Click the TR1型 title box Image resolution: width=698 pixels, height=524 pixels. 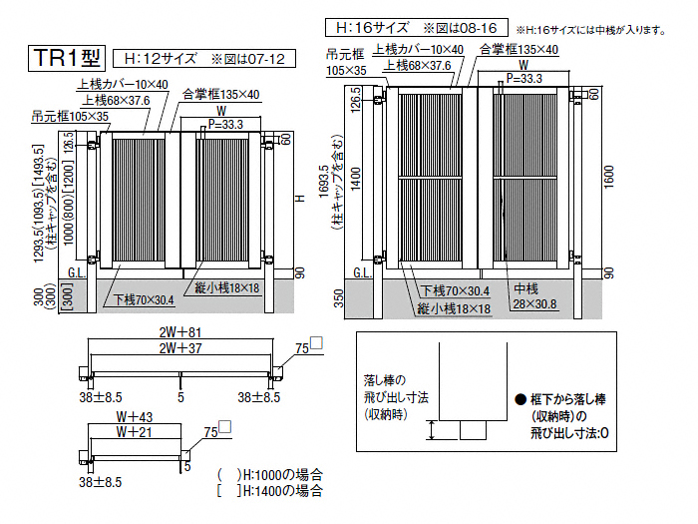click(67, 58)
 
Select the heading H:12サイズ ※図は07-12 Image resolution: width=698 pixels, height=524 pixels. click(204, 58)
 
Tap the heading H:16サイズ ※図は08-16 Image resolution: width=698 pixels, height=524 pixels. click(416, 28)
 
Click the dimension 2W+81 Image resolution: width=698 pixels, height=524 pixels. click(180, 332)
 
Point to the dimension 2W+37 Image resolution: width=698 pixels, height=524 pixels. click(180, 348)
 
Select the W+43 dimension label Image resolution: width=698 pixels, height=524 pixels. click(134, 417)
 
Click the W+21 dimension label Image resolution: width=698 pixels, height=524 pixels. click(134, 432)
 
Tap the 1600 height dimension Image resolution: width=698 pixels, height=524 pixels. click(609, 177)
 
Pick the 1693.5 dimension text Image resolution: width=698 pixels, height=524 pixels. click(324, 182)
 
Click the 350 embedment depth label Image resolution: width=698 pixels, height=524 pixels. click(339, 298)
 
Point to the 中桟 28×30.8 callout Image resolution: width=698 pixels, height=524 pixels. click(534, 296)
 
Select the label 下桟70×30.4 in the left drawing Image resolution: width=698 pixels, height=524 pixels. click(144, 299)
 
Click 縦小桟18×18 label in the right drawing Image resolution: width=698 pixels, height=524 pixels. click(454, 308)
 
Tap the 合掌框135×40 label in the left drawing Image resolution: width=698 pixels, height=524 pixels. click(220, 95)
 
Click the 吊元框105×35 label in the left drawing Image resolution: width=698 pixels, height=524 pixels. click(70, 117)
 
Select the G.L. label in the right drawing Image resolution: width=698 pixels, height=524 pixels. click(362, 272)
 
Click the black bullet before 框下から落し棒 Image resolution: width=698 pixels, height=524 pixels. click(521, 399)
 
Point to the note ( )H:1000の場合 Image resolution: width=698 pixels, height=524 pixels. click(270, 474)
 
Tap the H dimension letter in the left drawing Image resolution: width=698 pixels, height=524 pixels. click(301, 198)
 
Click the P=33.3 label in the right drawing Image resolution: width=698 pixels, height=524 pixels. click(524, 79)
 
